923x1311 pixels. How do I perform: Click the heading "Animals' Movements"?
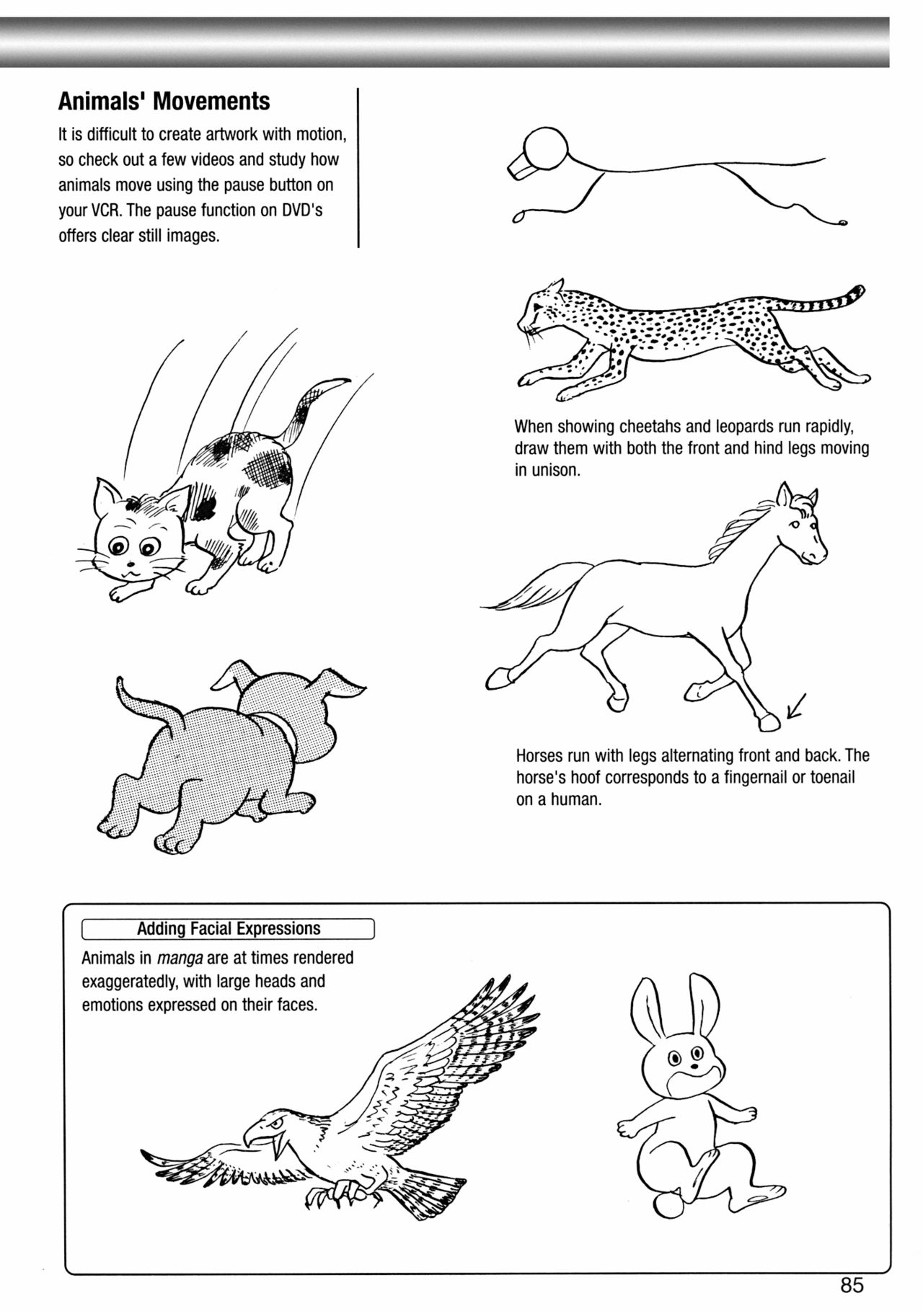click(x=164, y=101)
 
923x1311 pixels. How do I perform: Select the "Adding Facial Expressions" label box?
click(x=228, y=929)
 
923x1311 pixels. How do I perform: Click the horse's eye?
click(x=795, y=524)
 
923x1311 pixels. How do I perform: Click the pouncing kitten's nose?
click(x=130, y=564)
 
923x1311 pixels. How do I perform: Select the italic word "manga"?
click(x=179, y=959)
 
